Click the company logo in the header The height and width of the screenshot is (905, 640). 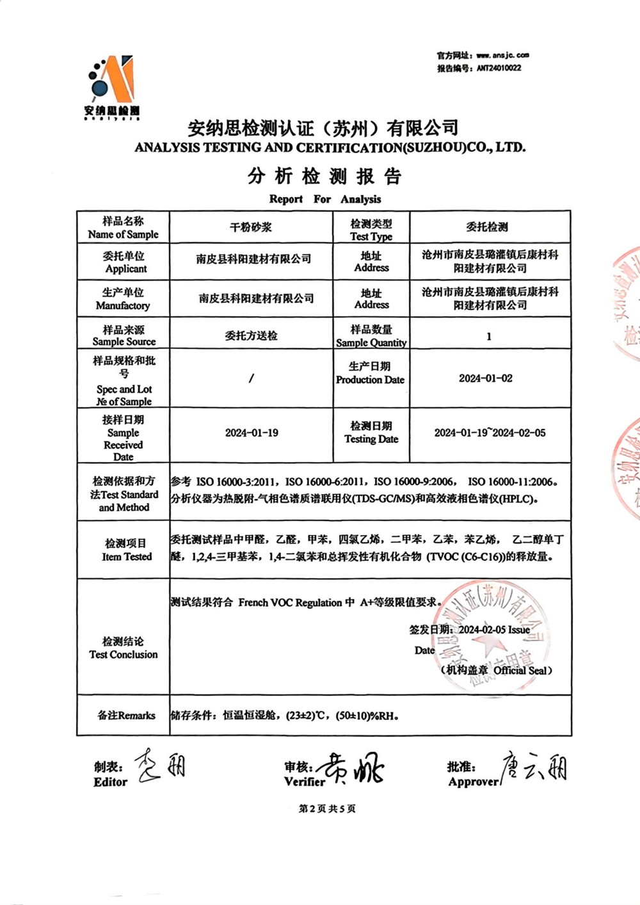tap(112, 86)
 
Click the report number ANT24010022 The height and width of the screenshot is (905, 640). tap(499, 68)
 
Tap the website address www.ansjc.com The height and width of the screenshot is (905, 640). tap(502, 55)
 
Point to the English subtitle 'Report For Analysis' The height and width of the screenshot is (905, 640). tap(325, 199)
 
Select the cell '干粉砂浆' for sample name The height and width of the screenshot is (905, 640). tap(251, 227)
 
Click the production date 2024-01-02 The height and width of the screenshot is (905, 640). tap(486, 378)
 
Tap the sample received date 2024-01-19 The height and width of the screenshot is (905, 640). tap(252, 433)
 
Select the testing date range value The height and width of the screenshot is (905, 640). tap(490, 433)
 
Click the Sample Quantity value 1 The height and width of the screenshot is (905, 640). tap(489, 336)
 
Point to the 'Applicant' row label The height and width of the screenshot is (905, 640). tap(124, 262)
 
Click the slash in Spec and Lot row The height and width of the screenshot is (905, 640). tap(251, 378)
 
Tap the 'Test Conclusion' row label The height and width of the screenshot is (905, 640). tap(124, 648)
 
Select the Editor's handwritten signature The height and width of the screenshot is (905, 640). tap(159, 765)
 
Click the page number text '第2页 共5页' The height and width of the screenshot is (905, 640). tap(327, 808)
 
